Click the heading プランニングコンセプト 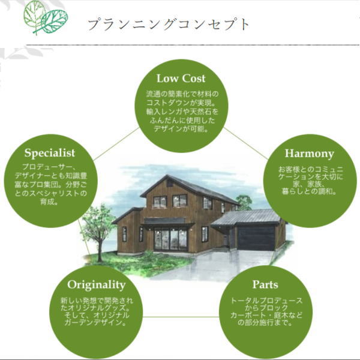pyautogui.click(x=169, y=25)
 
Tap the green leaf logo pyautogui.click(x=46, y=18)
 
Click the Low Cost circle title pyautogui.click(x=181, y=79)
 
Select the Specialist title pyautogui.click(x=50, y=153)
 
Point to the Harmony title pyautogui.click(x=309, y=154)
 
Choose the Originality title pyautogui.click(x=97, y=285)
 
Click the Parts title pyautogui.click(x=265, y=284)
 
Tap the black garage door pyautogui.click(x=256, y=238)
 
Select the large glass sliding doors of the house pyautogui.click(x=171, y=239)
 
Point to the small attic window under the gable pyautogui.click(x=170, y=184)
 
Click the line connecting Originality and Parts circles pyautogui.click(x=181, y=317)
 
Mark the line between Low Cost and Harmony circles pyautogui.click(x=246, y=143)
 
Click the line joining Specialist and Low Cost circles pyautogui.click(x=116, y=144)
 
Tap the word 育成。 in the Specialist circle pyautogui.click(x=49, y=202)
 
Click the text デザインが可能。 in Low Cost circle pyautogui.click(x=181, y=129)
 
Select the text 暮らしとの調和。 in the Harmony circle pyautogui.click(x=309, y=191)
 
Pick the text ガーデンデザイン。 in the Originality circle pyautogui.click(x=96, y=323)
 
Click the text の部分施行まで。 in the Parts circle pyautogui.click(x=266, y=323)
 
